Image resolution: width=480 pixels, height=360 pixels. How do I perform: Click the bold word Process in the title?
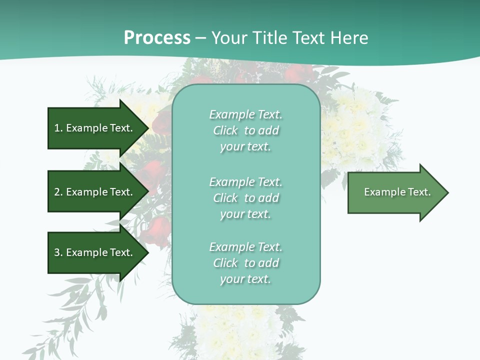[x=157, y=38]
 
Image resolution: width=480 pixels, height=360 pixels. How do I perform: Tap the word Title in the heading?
[x=270, y=38]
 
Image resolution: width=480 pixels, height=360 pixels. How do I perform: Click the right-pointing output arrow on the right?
[x=395, y=192]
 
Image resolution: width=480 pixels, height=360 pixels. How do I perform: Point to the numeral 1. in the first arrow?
[x=58, y=128]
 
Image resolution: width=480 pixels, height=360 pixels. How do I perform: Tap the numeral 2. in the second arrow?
[x=58, y=192]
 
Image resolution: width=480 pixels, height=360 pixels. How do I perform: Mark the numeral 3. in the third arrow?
[x=58, y=252]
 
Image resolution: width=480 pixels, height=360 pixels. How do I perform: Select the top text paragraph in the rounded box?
[x=245, y=130]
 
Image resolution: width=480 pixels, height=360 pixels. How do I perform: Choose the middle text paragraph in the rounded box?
[x=245, y=198]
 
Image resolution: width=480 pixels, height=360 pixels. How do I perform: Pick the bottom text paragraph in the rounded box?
[x=245, y=263]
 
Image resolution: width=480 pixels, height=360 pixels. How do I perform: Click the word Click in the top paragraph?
[x=225, y=130]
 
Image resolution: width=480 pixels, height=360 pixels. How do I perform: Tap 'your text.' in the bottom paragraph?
[x=245, y=279]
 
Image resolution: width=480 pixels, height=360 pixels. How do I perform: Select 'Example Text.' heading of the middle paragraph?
[x=245, y=182]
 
